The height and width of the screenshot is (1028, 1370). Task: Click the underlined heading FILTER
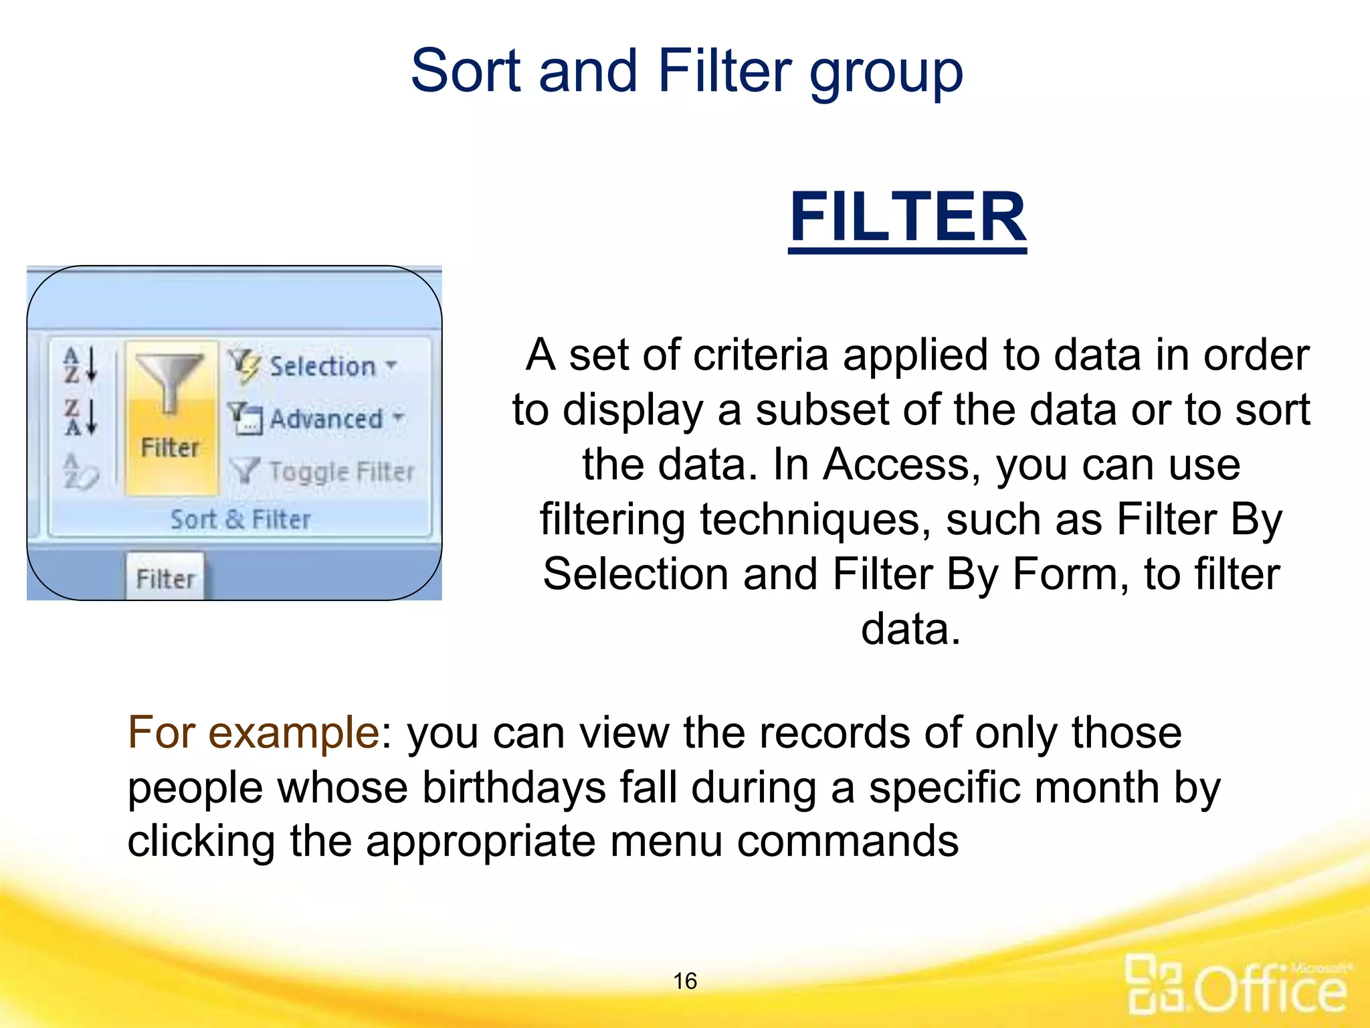[907, 218]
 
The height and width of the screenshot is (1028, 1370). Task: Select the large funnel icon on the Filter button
[169, 381]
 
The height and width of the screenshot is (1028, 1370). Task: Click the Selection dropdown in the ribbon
[321, 366]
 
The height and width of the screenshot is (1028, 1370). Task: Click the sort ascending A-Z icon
[80, 365]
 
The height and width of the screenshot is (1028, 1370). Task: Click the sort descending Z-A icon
[80, 418]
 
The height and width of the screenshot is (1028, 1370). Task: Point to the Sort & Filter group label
[240, 519]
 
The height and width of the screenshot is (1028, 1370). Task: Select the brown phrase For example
[254, 732]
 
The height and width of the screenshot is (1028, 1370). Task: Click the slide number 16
[684, 981]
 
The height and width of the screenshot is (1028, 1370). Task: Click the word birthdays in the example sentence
[514, 787]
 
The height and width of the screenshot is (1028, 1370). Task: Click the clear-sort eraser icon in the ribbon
[80, 471]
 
